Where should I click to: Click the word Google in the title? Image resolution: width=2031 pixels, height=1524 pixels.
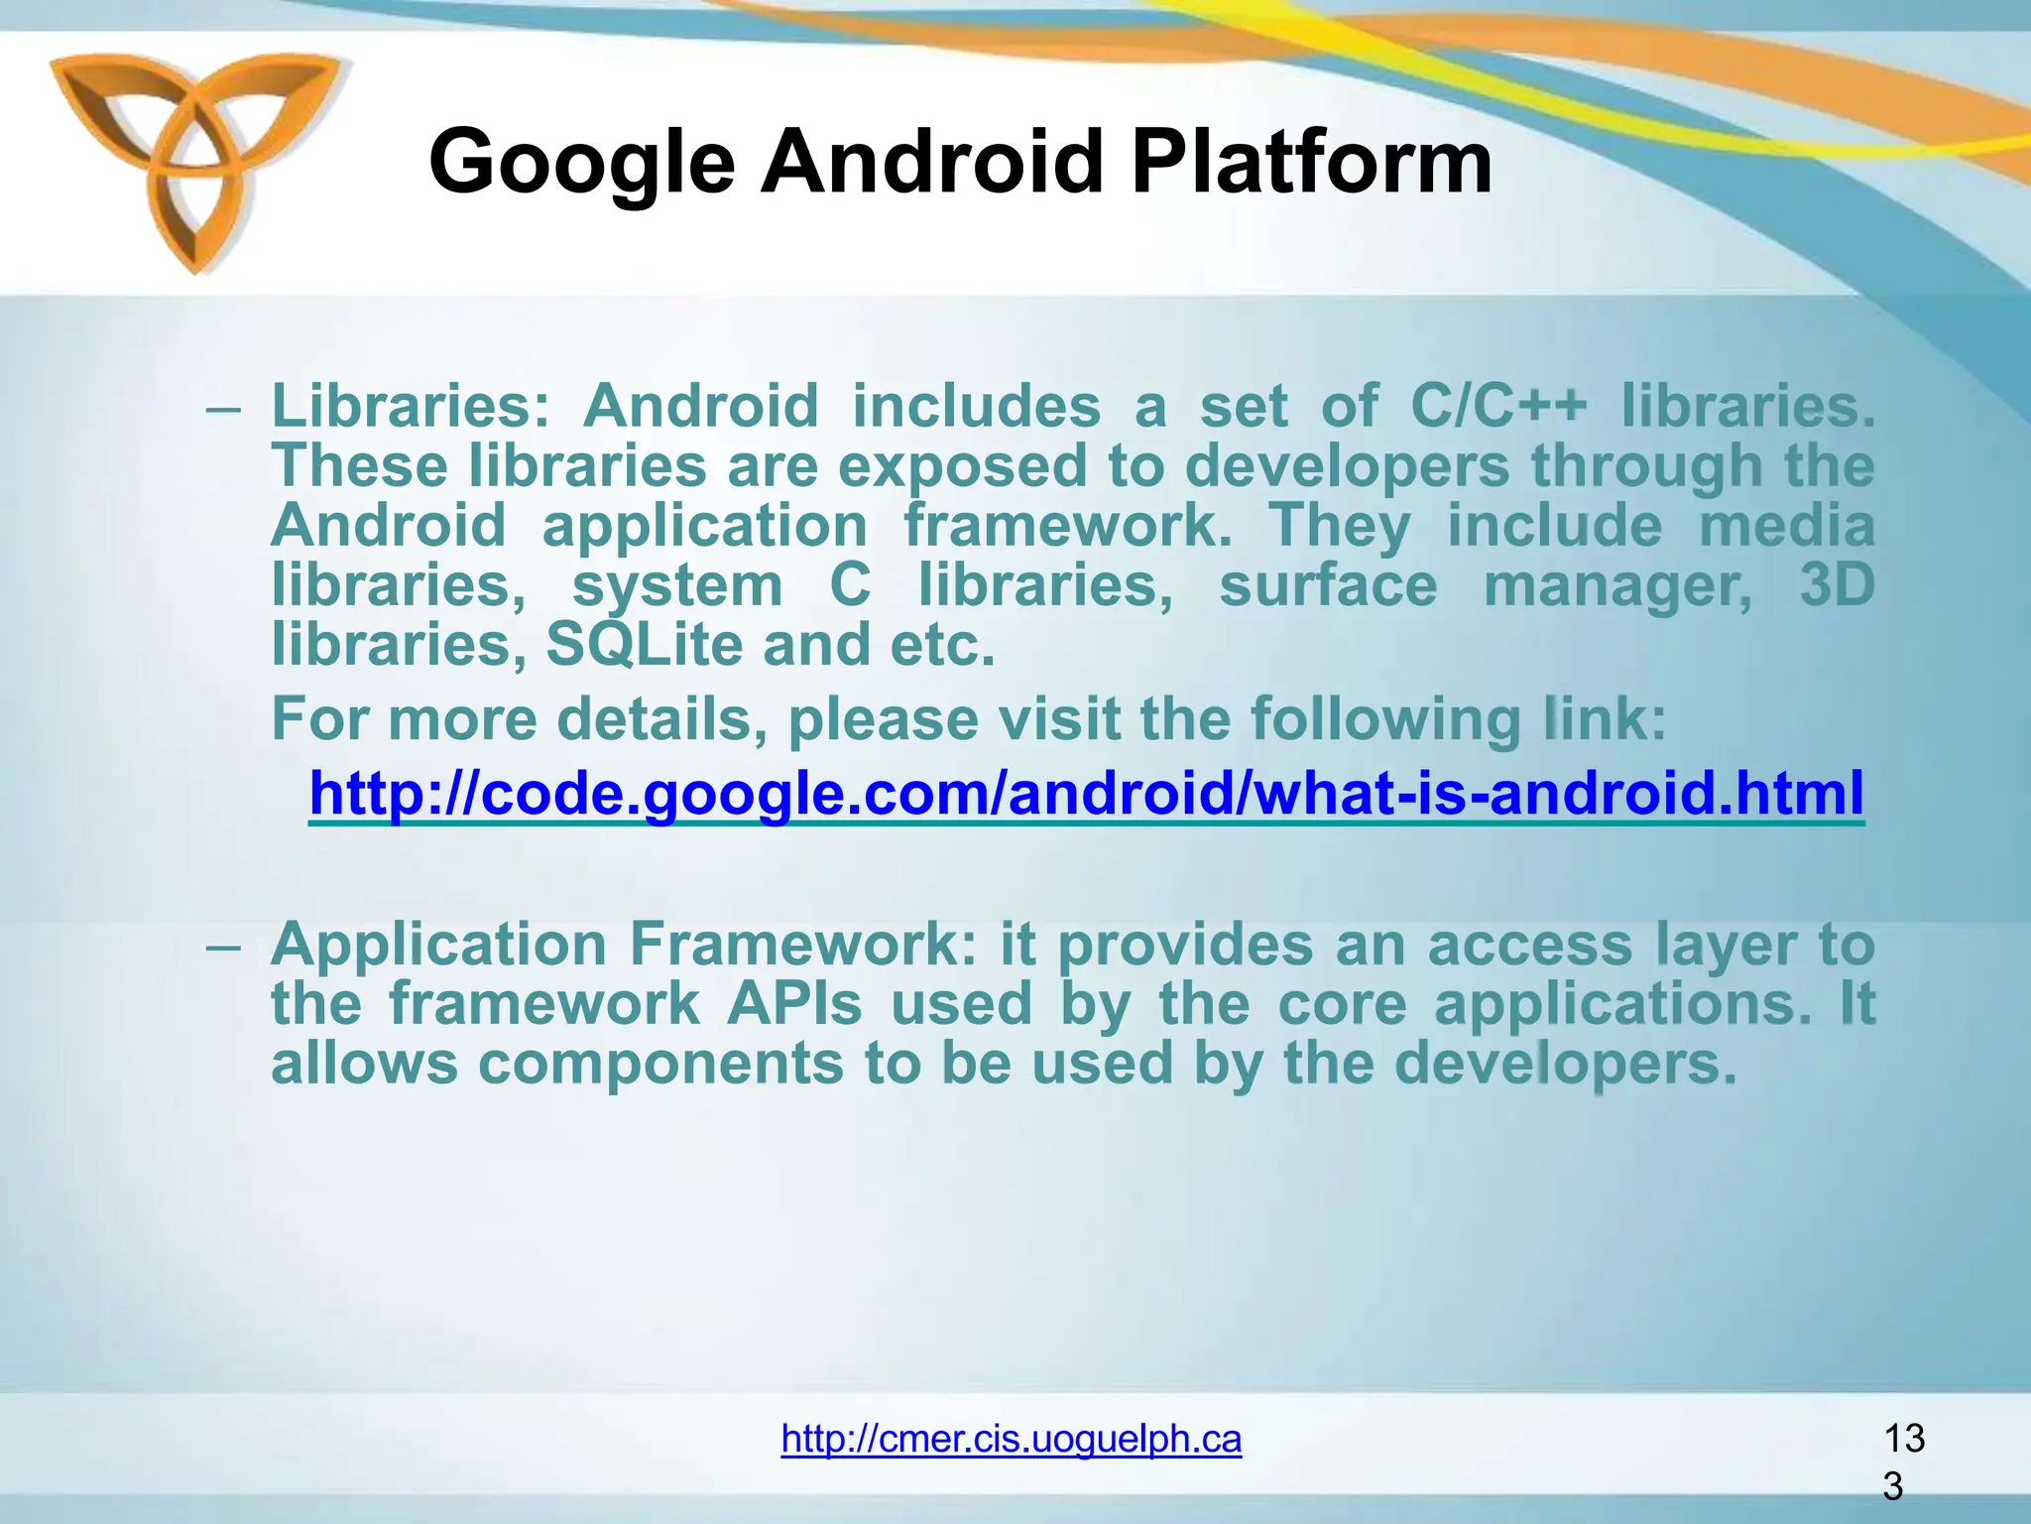click(x=581, y=164)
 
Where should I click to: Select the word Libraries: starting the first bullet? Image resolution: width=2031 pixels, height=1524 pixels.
click(x=410, y=406)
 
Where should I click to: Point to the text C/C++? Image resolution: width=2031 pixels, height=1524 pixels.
click(x=1498, y=406)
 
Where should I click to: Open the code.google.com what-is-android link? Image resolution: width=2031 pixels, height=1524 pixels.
click(x=1086, y=793)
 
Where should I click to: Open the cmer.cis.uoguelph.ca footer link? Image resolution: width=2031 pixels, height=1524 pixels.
click(x=1011, y=1438)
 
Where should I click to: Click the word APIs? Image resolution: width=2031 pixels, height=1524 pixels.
click(x=794, y=1003)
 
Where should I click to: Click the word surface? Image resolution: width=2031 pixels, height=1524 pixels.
click(x=1328, y=584)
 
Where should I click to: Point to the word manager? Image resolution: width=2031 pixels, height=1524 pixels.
click(x=1617, y=586)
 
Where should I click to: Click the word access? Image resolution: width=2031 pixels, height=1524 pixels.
click(x=1529, y=944)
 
